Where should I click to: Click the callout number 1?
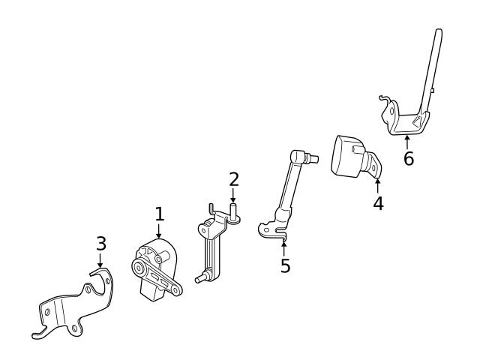[x=159, y=214]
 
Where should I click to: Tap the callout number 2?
[x=234, y=178]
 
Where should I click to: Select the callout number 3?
[x=101, y=244]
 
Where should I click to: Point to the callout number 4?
[x=378, y=202]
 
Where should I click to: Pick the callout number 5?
[x=285, y=265]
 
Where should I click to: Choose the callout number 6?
[x=408, y=159]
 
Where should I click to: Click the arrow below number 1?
[x=159, y=232]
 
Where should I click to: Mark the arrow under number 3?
[x=101, y=260]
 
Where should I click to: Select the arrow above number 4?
[x=377, y=185]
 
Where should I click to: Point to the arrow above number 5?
[x=284, y=247]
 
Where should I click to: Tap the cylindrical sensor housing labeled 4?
[x=348, y=156]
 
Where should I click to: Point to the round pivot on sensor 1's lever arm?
[x=139, y=267]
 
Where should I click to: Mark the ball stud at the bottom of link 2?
[x=199, y=279]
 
